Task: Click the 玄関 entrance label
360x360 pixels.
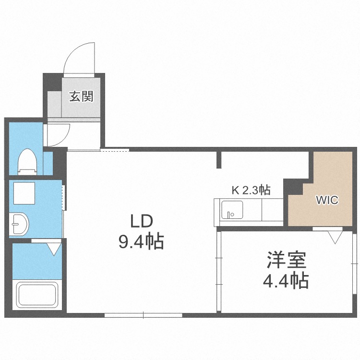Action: pos(81,96)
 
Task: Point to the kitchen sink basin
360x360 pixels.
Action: pos(231,210)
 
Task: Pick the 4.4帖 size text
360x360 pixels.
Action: pos(286,280)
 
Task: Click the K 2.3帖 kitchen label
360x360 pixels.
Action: pos(251,190)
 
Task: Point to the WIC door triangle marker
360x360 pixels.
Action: pos(335,237)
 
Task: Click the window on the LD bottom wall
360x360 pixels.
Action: pos(143,315)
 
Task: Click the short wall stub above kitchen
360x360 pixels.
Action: pos(219,160)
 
